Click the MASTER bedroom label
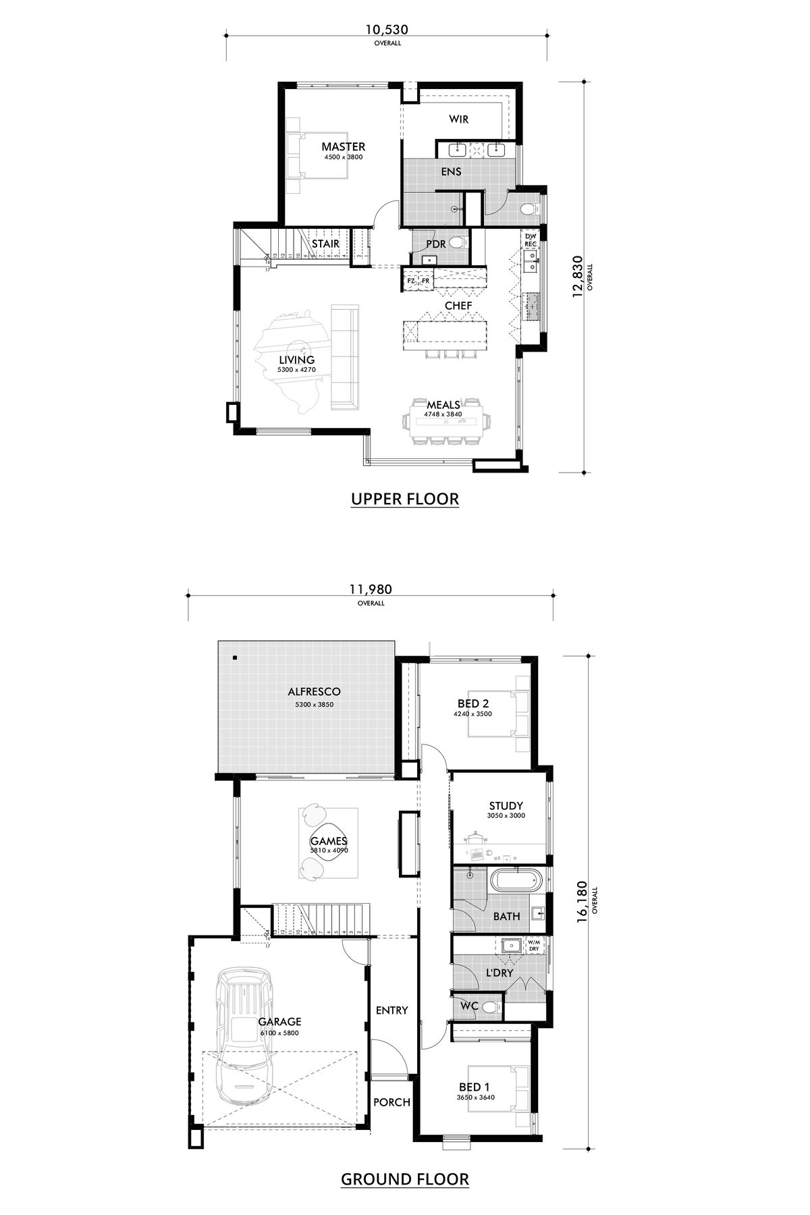343,146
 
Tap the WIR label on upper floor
459,119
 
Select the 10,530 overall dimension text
387,30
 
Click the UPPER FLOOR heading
405,500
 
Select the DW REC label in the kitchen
531,239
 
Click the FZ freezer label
411,281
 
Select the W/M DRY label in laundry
533,945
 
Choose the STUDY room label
506,806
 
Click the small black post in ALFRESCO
234,657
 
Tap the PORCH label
391,1102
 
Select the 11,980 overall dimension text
371,589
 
